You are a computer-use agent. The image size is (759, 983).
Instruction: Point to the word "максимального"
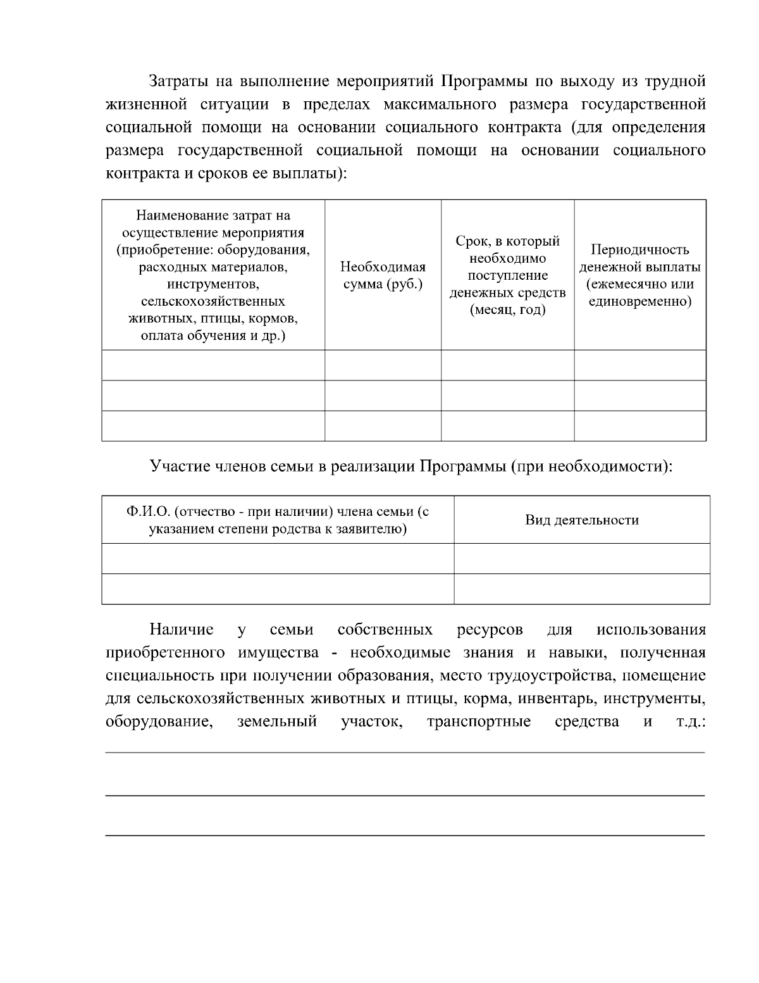tap(435, 104)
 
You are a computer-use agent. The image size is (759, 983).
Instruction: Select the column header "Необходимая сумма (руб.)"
tap(383, 275)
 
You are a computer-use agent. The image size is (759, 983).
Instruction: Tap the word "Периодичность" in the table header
tap(639, 250)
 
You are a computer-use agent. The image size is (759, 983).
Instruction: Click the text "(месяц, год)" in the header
tap(507, 310)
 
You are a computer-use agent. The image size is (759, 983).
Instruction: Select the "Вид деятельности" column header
tap(582, 520)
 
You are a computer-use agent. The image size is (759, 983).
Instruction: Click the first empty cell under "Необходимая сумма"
tap(383, 365)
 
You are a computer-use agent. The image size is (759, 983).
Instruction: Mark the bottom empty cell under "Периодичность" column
tap(639, 425)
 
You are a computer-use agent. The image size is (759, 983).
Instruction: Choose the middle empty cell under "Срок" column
tap(507, 396)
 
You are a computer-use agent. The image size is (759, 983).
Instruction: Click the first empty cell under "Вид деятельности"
tap(582, 558)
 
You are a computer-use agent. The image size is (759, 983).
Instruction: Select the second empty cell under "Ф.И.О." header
tap(278, 589)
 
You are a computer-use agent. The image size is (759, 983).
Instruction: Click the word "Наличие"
tap(182, 630)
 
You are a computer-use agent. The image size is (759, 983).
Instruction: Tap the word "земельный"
tap(276, 722)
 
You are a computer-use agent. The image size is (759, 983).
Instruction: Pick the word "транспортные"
tap(479, 722)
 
